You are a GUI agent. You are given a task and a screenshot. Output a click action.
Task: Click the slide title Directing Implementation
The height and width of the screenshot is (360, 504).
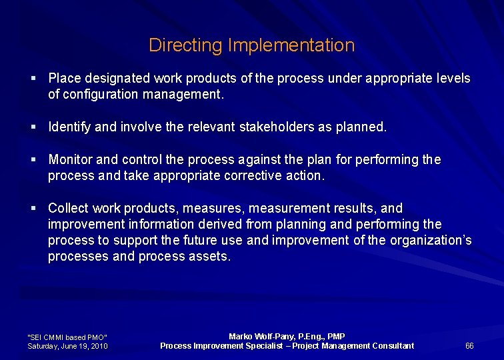tap(251, 45)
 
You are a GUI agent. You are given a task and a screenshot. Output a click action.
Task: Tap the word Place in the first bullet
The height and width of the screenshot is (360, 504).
tap(63, 79)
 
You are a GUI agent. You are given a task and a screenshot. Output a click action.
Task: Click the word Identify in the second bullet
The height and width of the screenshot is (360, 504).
tap(70, 127)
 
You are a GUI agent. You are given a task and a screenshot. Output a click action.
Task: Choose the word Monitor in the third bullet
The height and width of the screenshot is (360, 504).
tap(71, 160)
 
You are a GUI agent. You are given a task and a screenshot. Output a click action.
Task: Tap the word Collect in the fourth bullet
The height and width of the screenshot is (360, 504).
tap(68, 209)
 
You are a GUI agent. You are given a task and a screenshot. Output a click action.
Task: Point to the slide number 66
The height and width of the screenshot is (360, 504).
tap(469, 345)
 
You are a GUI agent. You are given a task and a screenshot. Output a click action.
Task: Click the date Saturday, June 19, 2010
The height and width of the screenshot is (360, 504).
tap(67, 346)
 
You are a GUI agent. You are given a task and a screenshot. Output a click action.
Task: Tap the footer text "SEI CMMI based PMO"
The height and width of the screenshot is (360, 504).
tap(67, 337)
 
